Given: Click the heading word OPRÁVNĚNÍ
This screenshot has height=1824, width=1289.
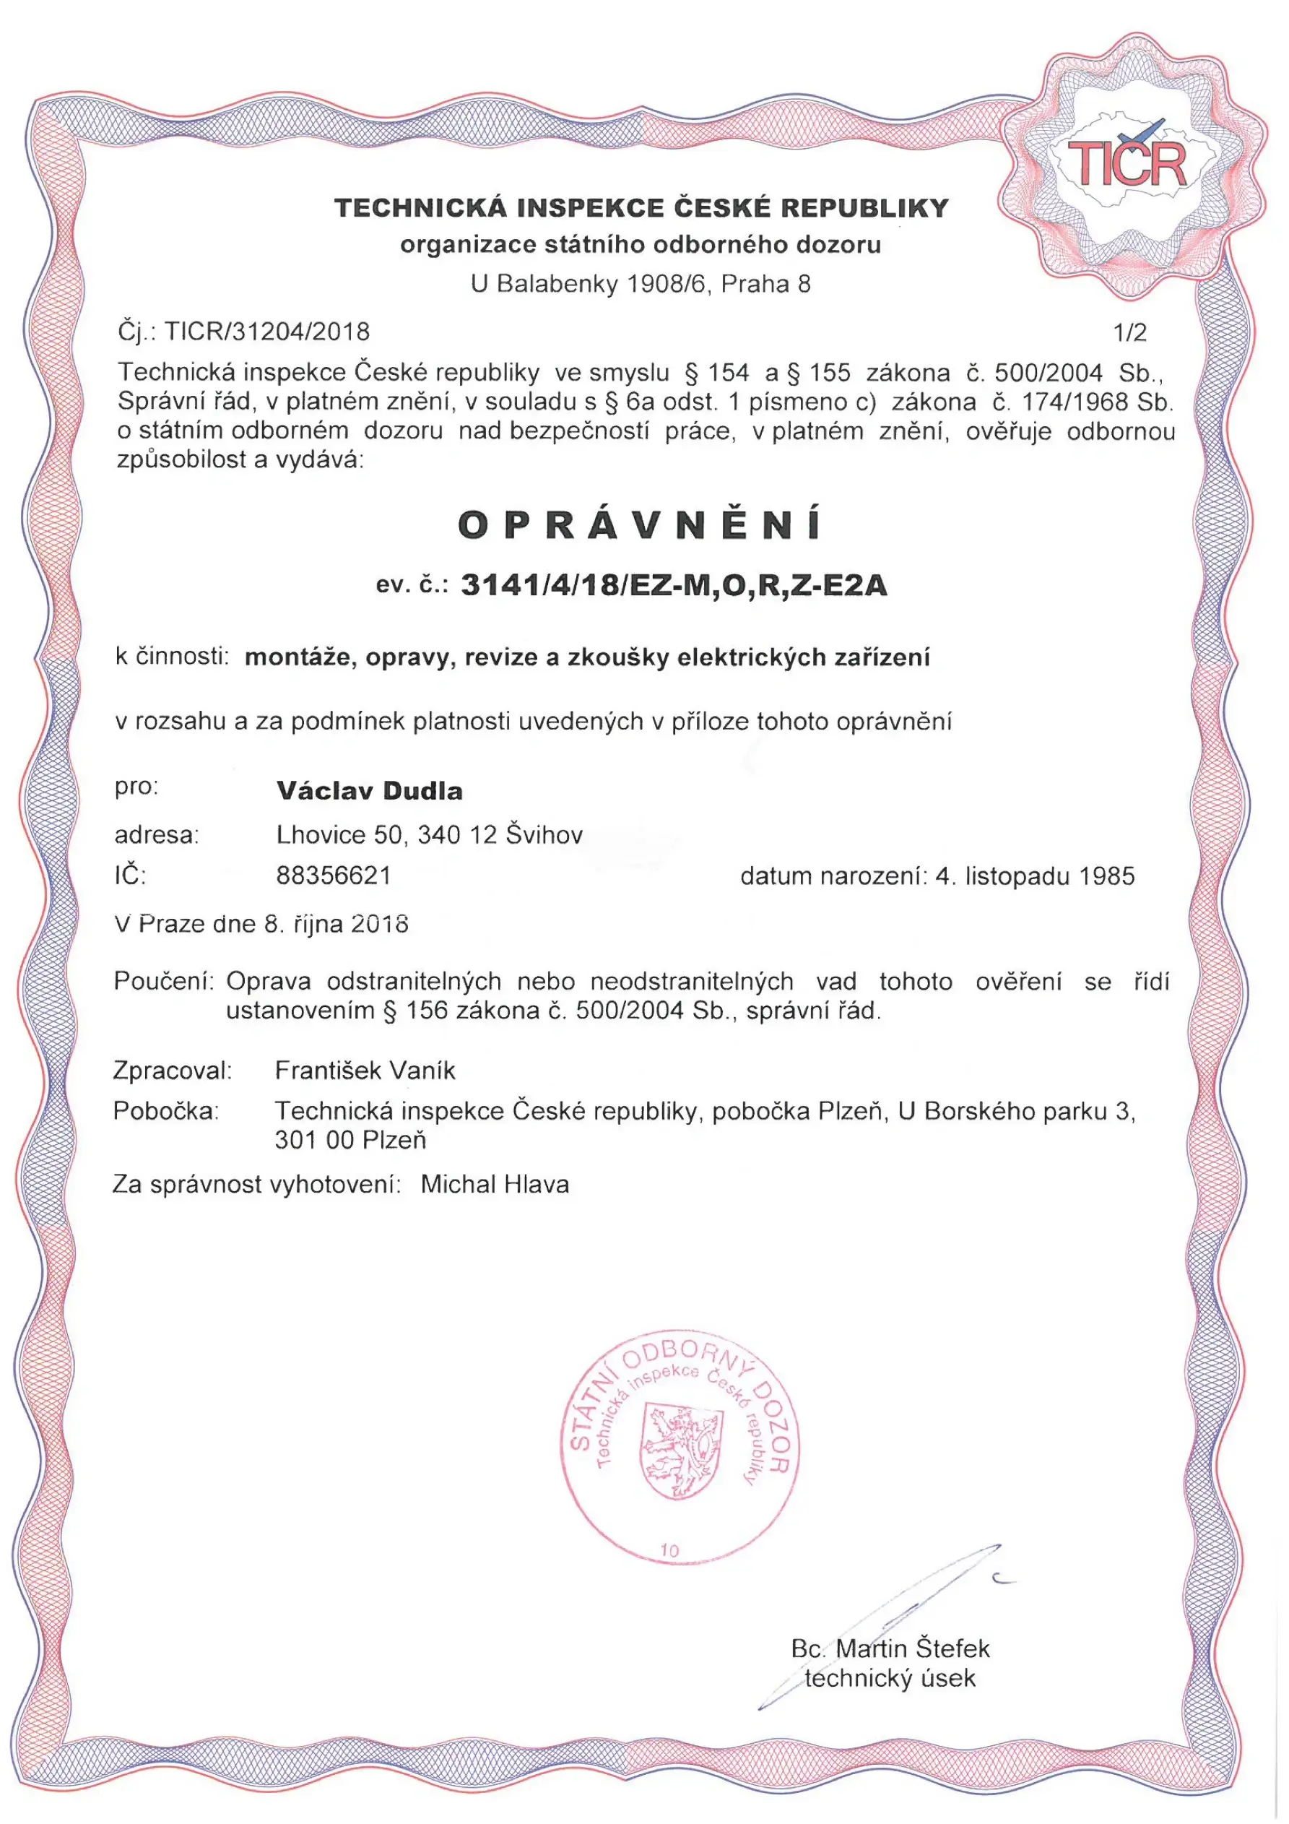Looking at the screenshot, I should point(641,525).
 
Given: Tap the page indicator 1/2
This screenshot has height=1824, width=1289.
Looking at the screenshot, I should point(1130,332).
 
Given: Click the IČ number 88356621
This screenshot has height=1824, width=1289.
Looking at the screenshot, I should point(334,876).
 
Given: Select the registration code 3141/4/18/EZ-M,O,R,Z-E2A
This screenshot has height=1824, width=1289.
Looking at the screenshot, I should point(674,586).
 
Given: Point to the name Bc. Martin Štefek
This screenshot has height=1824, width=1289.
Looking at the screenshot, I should point(890,1642).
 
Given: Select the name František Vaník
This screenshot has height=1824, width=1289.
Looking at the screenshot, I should point(365,1070).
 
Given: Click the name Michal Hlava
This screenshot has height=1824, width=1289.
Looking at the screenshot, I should point(495,1185).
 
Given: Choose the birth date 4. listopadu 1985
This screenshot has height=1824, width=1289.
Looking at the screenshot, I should point(1035,876).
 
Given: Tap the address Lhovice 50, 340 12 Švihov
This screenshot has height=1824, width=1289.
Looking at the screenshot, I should point(430,834).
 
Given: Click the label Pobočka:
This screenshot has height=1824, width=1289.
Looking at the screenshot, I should point(165,1110).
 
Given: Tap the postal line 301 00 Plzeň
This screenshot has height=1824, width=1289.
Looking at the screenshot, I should point(350,1140).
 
